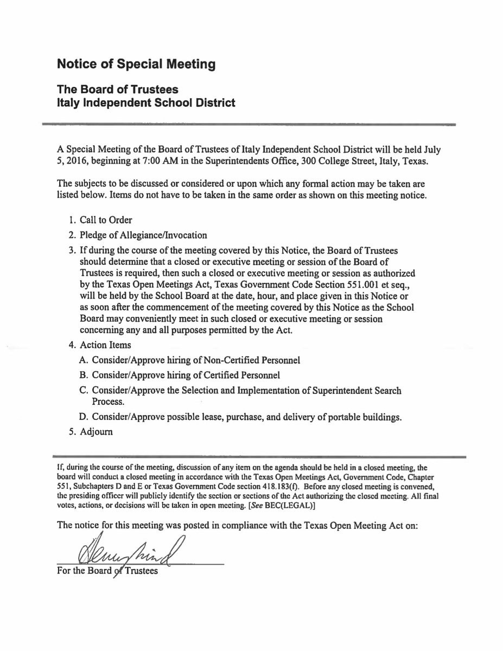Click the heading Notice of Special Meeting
coord(136,65)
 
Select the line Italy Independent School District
coord(146,102)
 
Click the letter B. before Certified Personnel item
coord(83,375)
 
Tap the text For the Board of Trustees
coord(107,572)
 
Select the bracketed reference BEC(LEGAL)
coord(289,506)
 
